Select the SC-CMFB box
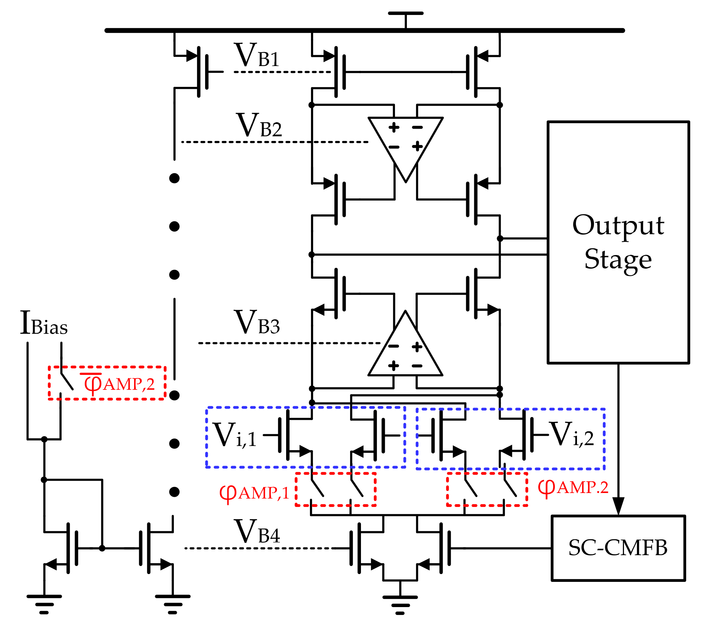pyautogui.click(x=618, y=548)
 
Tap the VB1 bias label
pyautogui.click(x=257, y=55)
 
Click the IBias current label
pyautogui.click(x=44, y=323)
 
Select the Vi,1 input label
pyautogui.click(x=235, y=435)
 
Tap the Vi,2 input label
pyautogui.click(x=571, y=434)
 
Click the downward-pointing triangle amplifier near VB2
pyautogui.click(x=406, y=143)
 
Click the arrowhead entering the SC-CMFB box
pyautogui.click(x=618, y=506)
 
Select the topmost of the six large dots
pyautogui.click(x=174, y=178)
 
